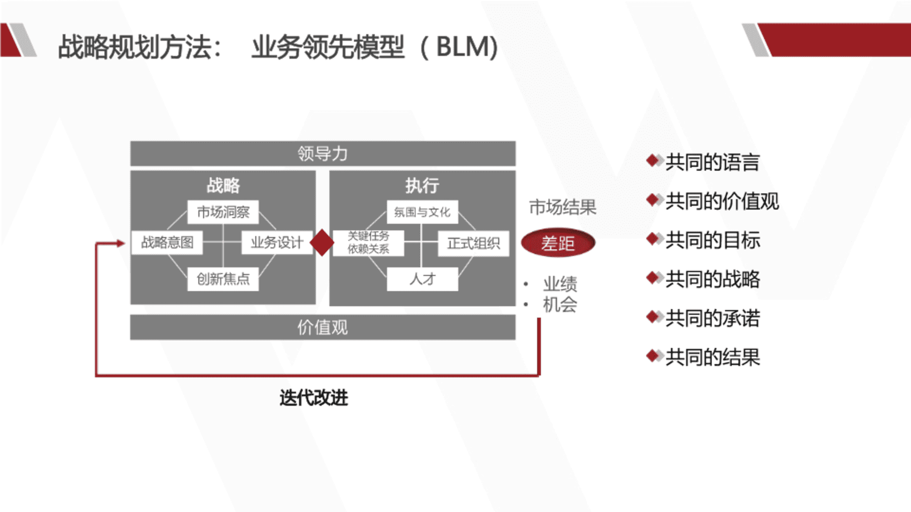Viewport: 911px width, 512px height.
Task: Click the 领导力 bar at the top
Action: pos(323,154)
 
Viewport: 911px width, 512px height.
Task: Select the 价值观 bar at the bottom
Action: pos(323,327)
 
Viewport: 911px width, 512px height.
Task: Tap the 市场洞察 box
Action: pos(223,212)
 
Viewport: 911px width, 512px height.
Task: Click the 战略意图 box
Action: pos(167,243)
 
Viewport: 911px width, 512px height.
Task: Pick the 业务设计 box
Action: pos(277,243)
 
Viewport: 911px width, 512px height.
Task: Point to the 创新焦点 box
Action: pos(223,279)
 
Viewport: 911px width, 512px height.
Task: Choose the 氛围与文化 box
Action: pos(422,212)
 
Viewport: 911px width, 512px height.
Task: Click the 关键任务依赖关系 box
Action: pos(369,243)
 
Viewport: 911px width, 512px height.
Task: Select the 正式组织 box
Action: pos(474,243)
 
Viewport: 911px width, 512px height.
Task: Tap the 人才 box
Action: pos(422,279)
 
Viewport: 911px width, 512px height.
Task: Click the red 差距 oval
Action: pos(558,243)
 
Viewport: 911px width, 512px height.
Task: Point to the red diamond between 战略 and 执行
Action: pos(322,243)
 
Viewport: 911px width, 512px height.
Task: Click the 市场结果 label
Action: pos(563,207)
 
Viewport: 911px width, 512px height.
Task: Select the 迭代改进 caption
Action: pos(314,398)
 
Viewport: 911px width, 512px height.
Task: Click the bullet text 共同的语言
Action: pos(712,162)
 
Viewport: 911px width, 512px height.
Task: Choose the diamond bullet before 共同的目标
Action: pos(654,239)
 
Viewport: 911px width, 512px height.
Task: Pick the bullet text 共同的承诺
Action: pos(712,318)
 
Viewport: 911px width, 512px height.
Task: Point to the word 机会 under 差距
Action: pos(560,304)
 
